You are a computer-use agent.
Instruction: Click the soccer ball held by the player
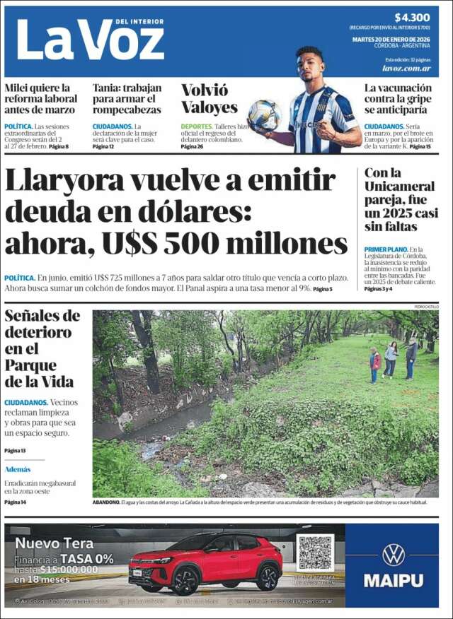264,114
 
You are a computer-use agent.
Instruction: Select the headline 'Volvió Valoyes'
210,99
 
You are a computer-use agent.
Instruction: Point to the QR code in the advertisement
315,553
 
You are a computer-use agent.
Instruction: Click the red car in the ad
205,563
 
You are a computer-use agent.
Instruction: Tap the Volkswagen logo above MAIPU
393,555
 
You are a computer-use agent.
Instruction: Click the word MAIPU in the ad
393,581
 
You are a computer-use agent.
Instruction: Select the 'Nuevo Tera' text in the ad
55,543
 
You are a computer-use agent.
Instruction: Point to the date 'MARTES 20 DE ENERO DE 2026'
391,40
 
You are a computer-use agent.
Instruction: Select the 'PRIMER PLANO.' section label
386,249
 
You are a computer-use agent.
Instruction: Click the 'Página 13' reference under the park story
15,450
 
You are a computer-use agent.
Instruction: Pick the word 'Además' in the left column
18,469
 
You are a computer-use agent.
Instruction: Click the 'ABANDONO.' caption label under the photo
106,502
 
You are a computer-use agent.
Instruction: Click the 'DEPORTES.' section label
196,126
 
